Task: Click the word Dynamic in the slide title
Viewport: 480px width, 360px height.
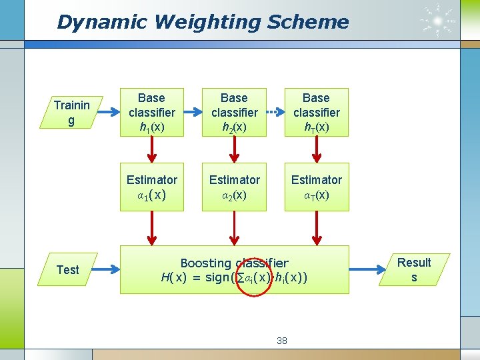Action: click(93, 22)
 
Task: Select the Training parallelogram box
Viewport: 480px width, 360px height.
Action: click(72, 113)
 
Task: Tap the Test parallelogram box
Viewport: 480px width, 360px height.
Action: click(67, 269)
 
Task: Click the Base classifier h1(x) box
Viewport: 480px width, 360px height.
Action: click(152, 112)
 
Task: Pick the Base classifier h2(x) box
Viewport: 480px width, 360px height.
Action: click(234, 112)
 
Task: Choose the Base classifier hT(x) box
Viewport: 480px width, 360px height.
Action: click(316, 112)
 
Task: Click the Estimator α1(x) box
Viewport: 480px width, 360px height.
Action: click(152, 187)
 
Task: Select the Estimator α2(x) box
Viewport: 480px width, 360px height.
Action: click(234, 187)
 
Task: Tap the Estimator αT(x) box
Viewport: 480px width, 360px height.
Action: click(316, 187)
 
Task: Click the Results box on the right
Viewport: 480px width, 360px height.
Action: click(414, 269)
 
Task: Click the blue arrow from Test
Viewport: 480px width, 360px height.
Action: click(108, 269)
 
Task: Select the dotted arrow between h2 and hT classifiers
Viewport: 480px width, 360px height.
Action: click(275, 112)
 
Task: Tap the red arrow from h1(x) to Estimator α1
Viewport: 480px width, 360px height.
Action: click(152, 151)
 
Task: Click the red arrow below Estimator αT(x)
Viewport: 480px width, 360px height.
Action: click(316, 228)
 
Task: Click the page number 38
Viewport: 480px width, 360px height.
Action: click(282, 341)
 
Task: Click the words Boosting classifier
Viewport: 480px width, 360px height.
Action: click(234, 263)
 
